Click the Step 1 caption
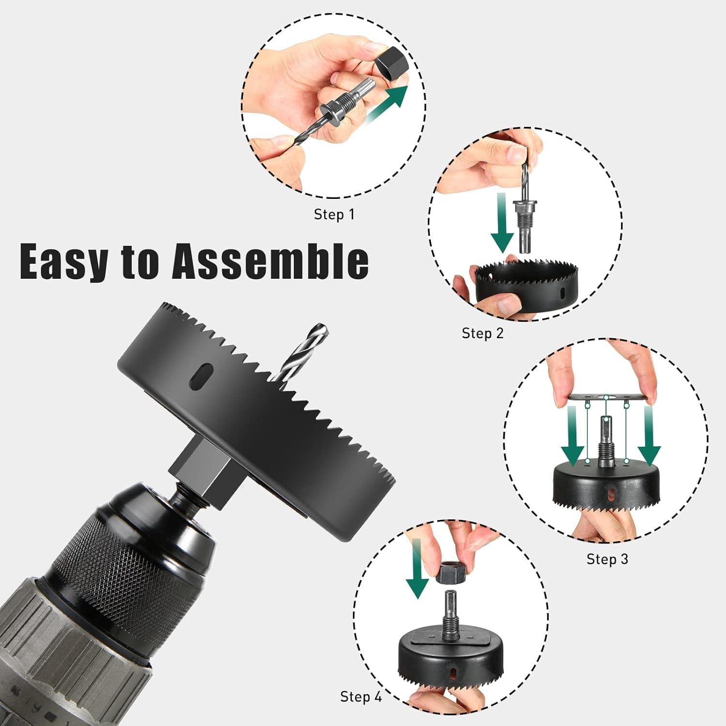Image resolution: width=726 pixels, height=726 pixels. pos(334,214)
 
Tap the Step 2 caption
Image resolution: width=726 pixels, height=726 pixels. pos(483,333)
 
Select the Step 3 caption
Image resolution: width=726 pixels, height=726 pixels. pos(607,559)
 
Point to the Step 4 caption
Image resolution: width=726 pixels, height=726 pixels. pos(361,697)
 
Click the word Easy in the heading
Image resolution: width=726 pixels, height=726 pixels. pos(63,262)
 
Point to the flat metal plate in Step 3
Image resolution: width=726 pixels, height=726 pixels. pos(607,397)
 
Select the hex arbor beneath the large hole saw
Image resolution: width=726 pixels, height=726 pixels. pos(203,472)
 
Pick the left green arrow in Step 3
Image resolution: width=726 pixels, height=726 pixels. pos(573,436)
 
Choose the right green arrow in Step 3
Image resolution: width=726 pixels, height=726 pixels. pos(649,436)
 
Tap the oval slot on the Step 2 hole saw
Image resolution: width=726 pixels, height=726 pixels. pos(561,293)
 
